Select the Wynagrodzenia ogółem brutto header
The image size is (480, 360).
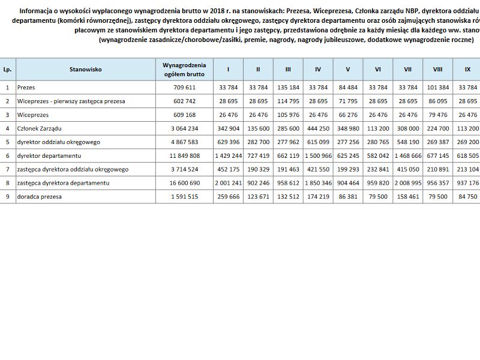[184, 69]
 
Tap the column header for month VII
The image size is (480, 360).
[408, 69]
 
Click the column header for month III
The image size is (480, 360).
[288, 69]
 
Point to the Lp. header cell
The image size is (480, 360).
[8, 69]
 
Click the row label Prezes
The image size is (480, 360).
[26, 88]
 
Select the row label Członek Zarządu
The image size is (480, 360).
[40, 128]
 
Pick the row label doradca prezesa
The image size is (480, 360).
[40, 197]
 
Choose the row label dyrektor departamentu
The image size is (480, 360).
[49, 156]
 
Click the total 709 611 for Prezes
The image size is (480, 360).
[184, 88]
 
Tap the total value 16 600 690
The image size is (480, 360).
[184, 183]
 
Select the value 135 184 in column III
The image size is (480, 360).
[288, 88]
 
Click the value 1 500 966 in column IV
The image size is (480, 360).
[318, 156]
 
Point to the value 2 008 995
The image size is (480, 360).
[408, 183]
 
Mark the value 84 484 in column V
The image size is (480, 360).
[348, 88]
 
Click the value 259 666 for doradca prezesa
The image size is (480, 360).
[228, 197]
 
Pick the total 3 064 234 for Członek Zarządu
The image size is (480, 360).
[184, 128]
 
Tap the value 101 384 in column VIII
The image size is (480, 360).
[438, 88]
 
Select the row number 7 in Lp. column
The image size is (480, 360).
[8, 170]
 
